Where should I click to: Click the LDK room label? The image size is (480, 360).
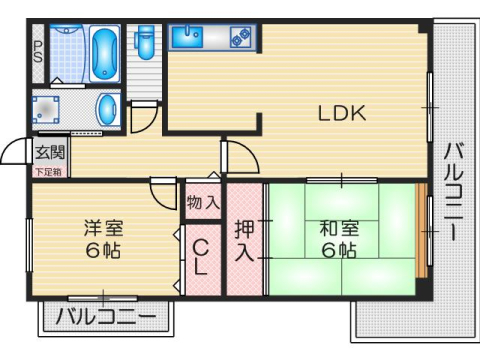tap(343, 113)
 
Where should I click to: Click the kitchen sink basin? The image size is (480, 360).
tap(187, 39)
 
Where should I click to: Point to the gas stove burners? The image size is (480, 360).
tap(240, 39)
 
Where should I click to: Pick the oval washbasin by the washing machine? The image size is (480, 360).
tap(107, 108)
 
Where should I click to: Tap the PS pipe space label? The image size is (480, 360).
tap(37, 53)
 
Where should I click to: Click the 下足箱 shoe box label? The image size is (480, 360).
tap(47, 171)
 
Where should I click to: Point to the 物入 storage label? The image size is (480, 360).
tap(203, 202)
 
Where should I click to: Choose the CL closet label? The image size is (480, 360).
tap(201, 256)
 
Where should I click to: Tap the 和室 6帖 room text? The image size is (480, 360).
tap(336, 239)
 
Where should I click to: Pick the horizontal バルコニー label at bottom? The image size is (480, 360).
tap(105, 319)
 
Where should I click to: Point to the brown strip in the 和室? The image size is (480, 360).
tap(421, 231)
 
